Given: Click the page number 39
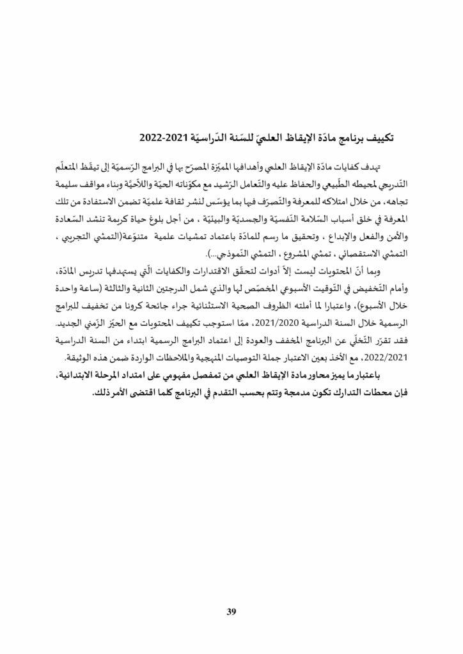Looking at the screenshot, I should [231, 612].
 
